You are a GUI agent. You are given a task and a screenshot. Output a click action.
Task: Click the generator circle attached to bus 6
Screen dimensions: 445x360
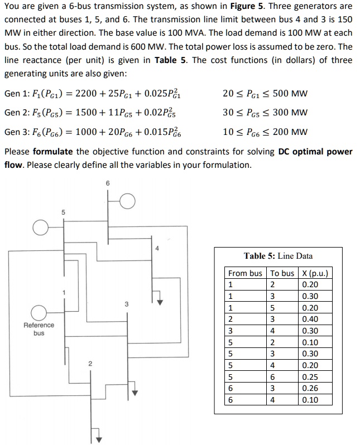point(128,201)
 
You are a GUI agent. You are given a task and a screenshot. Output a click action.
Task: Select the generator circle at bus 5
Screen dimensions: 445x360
point(40,227)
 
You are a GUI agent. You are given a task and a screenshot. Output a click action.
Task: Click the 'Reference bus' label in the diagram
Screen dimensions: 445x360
point(39,328)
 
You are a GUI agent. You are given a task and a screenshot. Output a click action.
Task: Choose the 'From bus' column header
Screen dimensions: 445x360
point(245,273)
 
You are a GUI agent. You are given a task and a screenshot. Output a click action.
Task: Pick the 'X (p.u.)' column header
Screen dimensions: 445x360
point(315,273)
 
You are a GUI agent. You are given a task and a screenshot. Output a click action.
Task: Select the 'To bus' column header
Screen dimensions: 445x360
point(282,273)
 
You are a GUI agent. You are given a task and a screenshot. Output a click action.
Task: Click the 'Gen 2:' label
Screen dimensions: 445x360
point(18,113)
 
